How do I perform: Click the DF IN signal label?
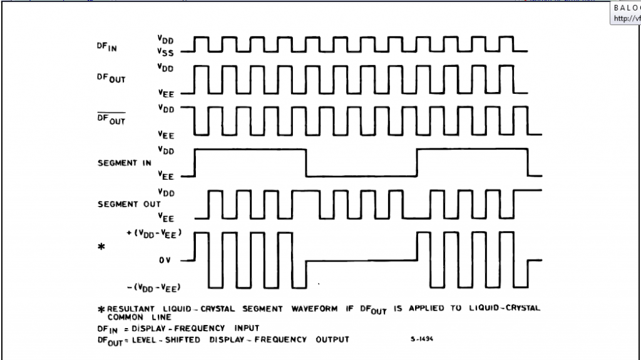click(106, 46)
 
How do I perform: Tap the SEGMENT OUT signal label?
click(129, 204)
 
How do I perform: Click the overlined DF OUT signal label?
click(111, 119)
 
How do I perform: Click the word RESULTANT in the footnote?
click(134, 309)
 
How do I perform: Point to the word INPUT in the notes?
click(247, 327)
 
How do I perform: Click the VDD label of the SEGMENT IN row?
click(166, 150)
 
